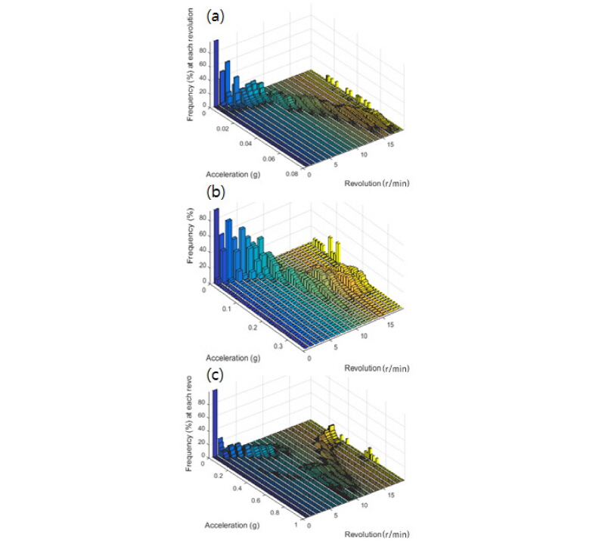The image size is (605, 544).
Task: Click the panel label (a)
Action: tap(216, 14)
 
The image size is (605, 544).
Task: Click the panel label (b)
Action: tap(216, 192)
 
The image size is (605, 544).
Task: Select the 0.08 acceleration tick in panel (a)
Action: tap(293, 175)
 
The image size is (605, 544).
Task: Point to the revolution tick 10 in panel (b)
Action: tap(365, 334)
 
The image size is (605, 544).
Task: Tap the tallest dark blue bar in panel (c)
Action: tap(214, 424)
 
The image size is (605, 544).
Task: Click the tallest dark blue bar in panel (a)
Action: tap(216, 76)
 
